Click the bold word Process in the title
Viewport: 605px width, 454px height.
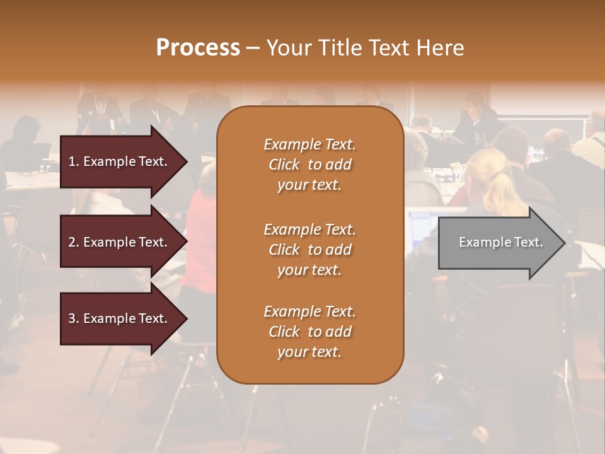pos(198,48)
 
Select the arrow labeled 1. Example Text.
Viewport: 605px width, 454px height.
pos(120,161)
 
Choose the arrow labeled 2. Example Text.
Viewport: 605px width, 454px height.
pos(120,242)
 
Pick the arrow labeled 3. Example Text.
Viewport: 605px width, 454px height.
pos(120,318)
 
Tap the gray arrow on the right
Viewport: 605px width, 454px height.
pos(498,243)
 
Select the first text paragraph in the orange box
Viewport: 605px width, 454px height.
pos(309,165)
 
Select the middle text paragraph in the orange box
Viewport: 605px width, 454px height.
pos(309,250)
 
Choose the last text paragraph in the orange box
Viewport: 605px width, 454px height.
pos(309,332)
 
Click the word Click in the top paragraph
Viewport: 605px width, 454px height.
pos(284,165)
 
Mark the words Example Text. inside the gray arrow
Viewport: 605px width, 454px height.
pos(500,242)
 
